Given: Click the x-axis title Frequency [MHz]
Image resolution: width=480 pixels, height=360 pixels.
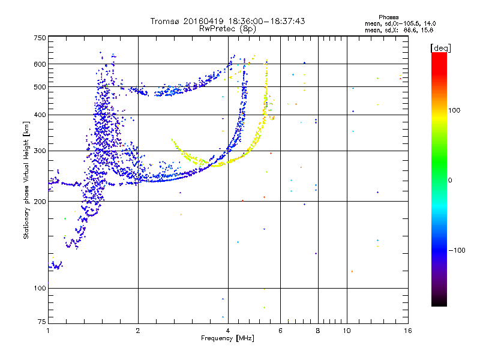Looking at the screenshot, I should [x=227, y=338].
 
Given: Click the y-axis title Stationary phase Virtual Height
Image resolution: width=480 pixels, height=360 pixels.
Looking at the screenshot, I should [x=26, y=180].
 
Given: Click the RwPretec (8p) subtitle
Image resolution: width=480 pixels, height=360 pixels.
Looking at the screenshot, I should [x=227, y=28].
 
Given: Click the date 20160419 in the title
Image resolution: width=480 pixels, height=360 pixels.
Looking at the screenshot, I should [x=204, y=21].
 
